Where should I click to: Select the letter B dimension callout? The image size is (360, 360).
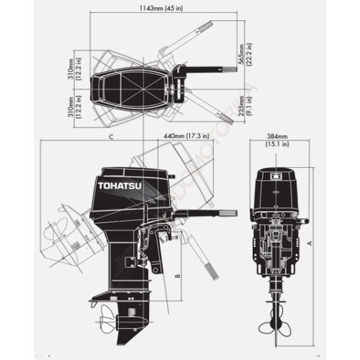click(176, 274)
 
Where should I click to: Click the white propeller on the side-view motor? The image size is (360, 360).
click(109, 319)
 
